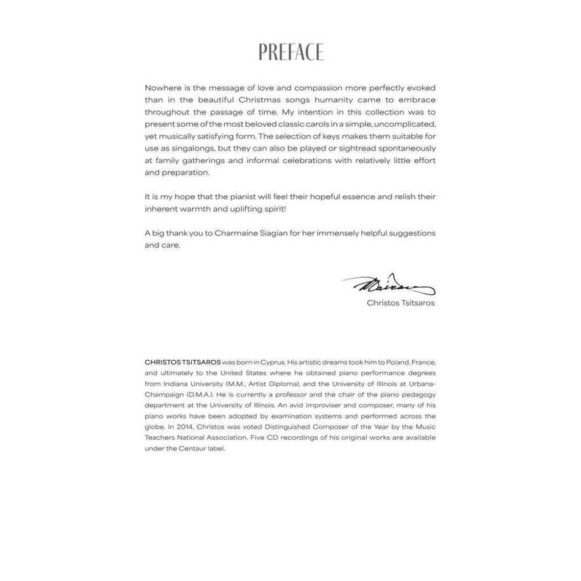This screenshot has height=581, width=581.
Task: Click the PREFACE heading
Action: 290,52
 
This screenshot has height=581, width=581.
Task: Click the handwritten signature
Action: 388,285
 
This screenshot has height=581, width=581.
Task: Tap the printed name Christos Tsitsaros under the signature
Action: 401,303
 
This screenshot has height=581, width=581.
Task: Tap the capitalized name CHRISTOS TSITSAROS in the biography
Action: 183,361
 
